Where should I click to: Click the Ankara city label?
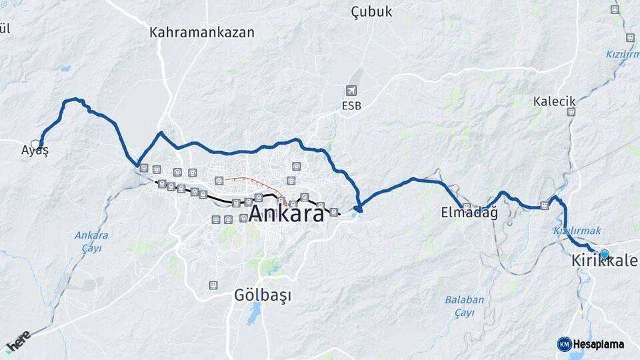(x=287, y=213)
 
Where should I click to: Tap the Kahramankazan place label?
(x=202, y=32)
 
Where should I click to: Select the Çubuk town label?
(x=371, y=12)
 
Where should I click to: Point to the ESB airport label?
(x=351, y=105)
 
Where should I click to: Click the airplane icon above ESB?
(x=351, y=91)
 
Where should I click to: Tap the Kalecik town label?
(x=554, y=101)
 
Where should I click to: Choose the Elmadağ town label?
(x=469, y=213)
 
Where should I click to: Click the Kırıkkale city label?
(x=604, y=262)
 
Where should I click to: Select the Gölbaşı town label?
(x=263, y=295)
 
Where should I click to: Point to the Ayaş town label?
(x=35, y=151)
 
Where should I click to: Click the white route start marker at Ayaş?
(x=36, y=143)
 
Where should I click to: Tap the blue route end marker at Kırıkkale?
(x=604, y=254)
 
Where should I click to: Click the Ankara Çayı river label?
(x=91, y=241)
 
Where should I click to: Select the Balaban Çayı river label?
(x=465, y=306)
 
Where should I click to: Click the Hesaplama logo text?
(x=598, y=345)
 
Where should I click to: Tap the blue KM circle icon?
(x=564, y=344)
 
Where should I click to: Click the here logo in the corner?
(x=18, y=341)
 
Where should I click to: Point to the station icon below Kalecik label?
(x=571, y=112)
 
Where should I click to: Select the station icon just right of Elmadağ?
(x=467, y=206)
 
